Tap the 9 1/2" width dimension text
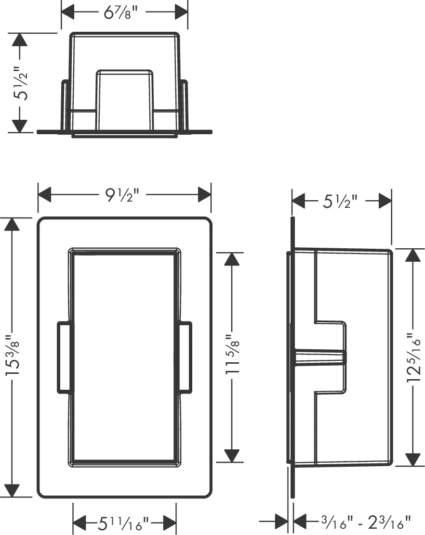click(123, 195)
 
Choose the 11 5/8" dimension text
click(233, 355)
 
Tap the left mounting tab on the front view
click(65, 357)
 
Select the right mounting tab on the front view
click(185, 357)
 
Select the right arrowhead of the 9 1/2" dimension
click(204, 195)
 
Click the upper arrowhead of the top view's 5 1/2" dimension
click(19, 40)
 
